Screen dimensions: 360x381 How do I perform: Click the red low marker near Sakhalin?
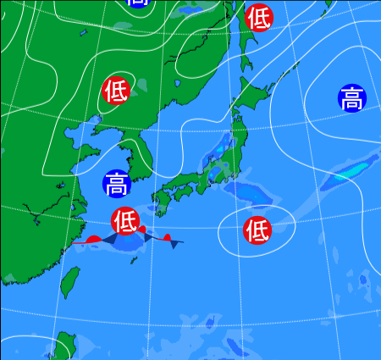[259, 17]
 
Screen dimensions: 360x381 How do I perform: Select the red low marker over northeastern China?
[116, 89]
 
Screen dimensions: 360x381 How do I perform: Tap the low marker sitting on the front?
[124, 220]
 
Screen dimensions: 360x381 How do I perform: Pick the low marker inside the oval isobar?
[257, 229]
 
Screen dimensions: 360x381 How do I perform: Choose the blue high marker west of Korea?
[117, 182]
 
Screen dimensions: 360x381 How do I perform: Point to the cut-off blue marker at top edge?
[136, 3]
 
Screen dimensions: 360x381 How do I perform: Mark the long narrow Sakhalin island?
[241, 42]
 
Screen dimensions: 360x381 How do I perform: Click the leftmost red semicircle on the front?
[92, 240]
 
